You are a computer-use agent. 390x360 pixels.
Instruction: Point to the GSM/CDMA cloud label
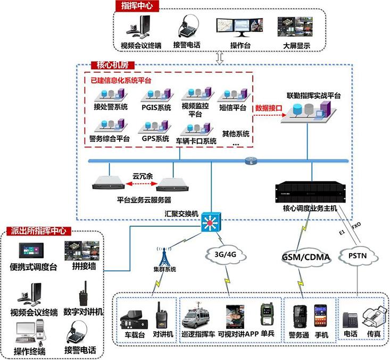pyautogui.click(x=306, y=257)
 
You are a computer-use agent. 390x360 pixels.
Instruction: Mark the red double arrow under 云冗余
pyautogui.click(x=141, y=184)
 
